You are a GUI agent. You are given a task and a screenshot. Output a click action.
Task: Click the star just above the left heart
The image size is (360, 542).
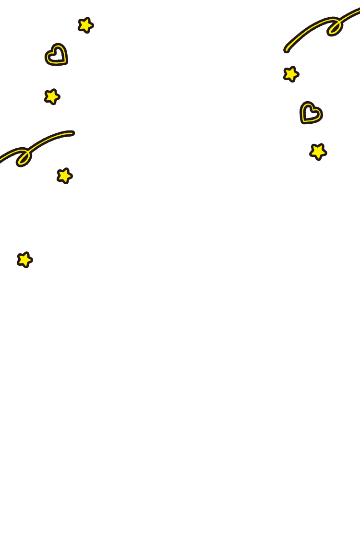[85, 25]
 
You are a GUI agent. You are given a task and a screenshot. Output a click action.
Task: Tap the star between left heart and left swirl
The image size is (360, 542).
[52, 96]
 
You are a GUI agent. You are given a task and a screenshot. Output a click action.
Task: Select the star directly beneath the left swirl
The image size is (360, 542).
[64, 176]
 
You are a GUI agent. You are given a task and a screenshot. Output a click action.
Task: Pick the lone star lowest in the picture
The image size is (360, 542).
[24, 259]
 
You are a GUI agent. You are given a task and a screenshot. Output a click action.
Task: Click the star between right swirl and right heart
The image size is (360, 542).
[291, 74]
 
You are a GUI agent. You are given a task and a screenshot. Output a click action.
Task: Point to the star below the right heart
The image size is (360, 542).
[318, 152]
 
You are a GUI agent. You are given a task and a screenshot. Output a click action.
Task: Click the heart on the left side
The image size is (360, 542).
[57, 55]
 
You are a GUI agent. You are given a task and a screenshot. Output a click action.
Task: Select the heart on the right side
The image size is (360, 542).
[311, 113]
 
